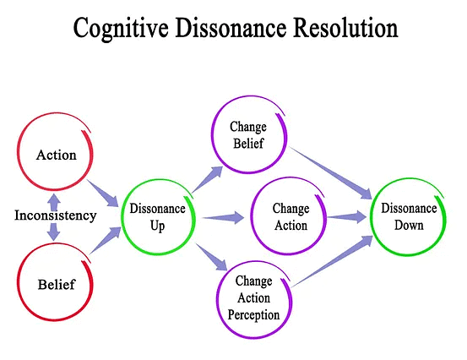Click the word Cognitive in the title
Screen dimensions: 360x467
[x=122, y=29]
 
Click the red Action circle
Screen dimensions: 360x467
[x=57, y=155]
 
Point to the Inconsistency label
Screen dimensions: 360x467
[x=56, y=215]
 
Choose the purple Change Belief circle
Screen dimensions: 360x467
[x=247, y=135]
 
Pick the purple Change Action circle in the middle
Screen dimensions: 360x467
[x=290, y=216]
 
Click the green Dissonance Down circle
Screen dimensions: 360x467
[x=408, y=217]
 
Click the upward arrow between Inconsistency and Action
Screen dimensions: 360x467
[x=54, y=199]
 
